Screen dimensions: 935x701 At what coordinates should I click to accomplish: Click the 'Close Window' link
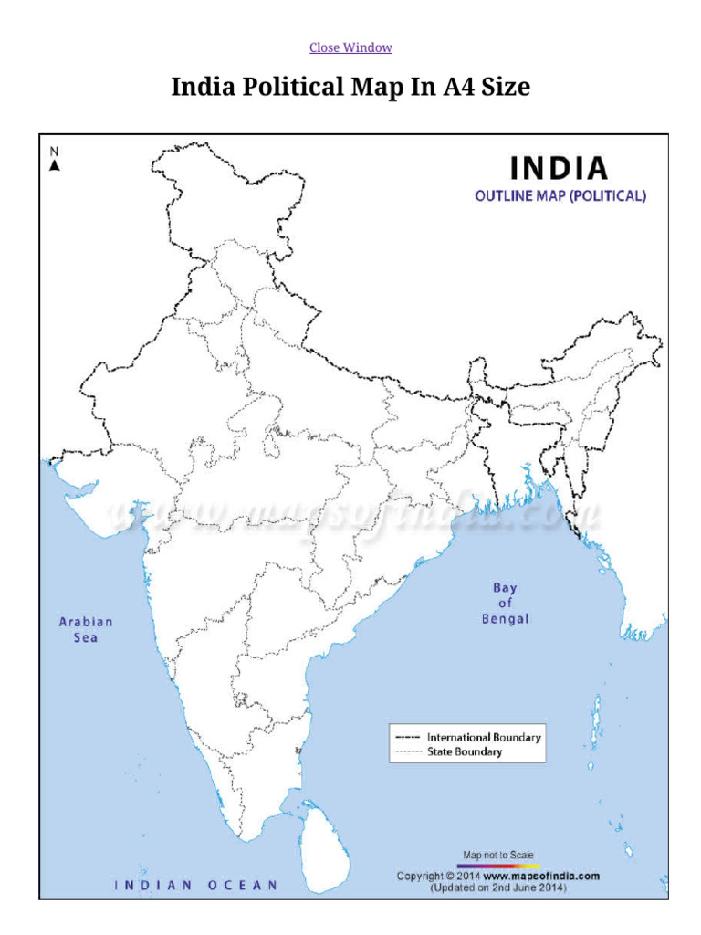[x=350, y=47]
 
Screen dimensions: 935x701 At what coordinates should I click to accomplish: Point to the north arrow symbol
[x=55, y=165]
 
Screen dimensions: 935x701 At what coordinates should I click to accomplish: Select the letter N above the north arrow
[x=55, y=152]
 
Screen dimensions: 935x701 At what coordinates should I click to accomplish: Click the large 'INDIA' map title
[x=559, y=168]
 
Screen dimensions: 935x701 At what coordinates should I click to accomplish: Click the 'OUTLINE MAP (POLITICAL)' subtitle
[x=560, y=195]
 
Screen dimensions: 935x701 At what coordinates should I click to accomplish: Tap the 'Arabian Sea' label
[x=86, y=629]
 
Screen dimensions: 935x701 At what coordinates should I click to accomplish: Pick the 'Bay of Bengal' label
[x=505, y=604]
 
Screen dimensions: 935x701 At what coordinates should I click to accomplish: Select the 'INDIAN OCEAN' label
[x=195, y=884]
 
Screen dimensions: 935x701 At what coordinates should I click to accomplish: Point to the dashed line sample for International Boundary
[x=407, y=737]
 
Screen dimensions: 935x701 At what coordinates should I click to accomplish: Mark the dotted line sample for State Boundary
[x=407, y=752]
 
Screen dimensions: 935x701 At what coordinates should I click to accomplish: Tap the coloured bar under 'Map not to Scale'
[x=498, y=864]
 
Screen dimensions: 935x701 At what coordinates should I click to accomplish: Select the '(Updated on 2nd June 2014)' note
[x=498, y=887]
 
